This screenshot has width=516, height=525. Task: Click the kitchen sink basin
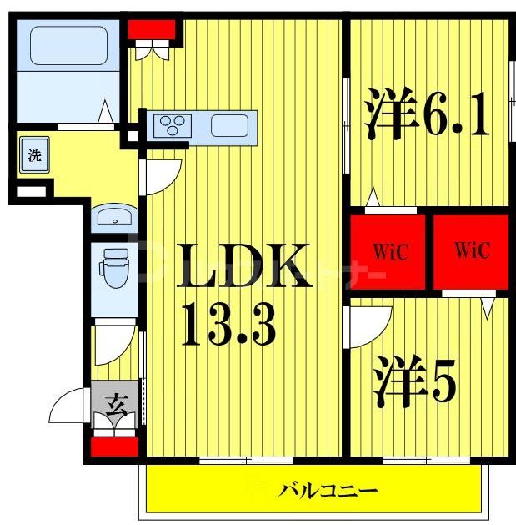point(228,126)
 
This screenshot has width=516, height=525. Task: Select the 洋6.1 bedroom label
point(426,118)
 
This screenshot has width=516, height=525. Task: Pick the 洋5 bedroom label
point(414,381)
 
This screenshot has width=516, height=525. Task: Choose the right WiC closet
point(470,250)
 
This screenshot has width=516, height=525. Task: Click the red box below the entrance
point(113,446)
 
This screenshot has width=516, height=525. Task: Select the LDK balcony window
point(246,460)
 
